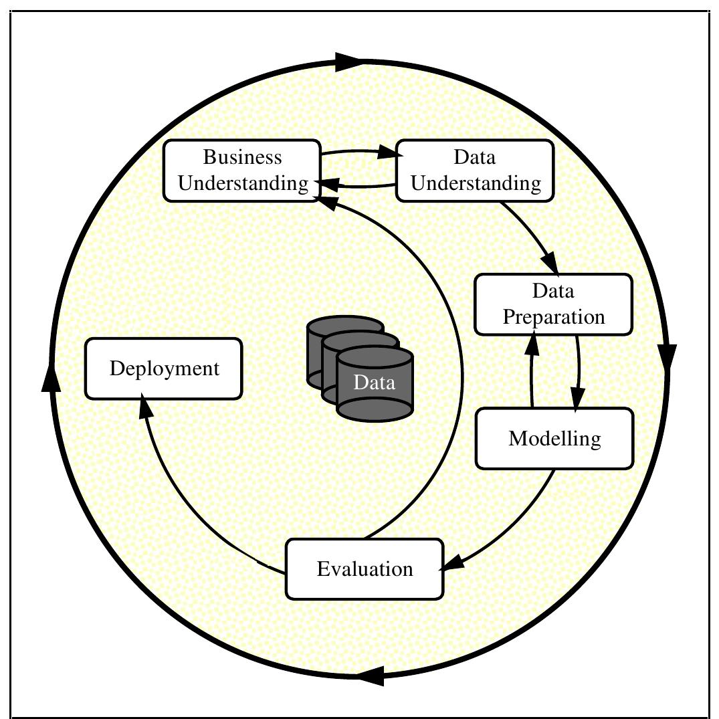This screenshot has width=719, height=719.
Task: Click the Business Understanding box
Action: coord(242,170)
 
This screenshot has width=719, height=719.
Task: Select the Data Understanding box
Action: coord(475,170)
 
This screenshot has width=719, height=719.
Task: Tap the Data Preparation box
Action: coord(553,304)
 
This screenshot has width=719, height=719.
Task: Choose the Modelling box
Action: coord(554,439)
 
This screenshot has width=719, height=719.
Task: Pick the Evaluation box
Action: coord(365,569)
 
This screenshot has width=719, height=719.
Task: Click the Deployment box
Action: coord(164,369)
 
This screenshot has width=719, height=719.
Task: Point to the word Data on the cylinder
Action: coord(375,383)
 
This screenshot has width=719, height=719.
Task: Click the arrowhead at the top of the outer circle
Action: coord(348,62)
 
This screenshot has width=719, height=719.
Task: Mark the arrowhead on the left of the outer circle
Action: coord(50,377)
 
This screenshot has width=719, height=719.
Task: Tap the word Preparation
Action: coord(554,316)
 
